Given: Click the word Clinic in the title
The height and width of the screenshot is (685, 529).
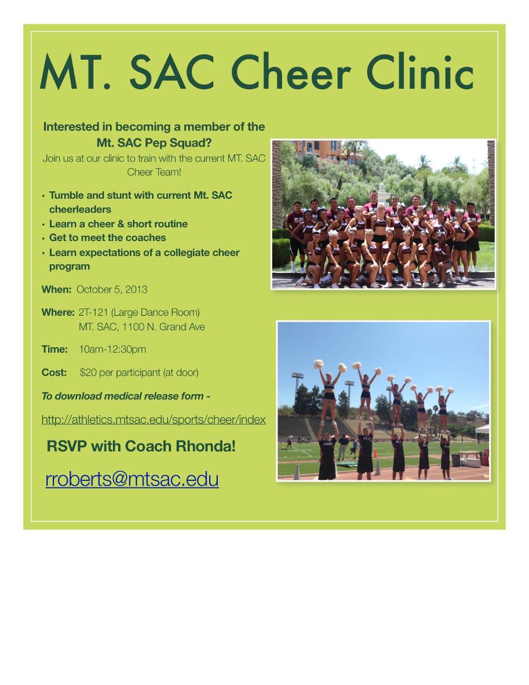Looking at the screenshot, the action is click(419, 72).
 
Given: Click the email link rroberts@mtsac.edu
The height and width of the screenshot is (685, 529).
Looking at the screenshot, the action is click(132, 479).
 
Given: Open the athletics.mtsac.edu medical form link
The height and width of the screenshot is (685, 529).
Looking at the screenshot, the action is click(154, 420).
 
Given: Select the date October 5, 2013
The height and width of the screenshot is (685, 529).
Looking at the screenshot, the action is click(112, 289).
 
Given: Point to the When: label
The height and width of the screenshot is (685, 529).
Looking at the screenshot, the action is click(56, 289).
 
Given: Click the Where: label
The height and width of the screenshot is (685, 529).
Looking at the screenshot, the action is click(58, 312).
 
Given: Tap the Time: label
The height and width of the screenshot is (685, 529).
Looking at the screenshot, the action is click(54, 349).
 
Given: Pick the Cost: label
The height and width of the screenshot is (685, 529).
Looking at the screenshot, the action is click(54, 373).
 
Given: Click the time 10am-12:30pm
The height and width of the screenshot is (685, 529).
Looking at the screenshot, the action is click(112, 349).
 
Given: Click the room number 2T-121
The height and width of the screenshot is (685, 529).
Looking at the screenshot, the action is click(93, 312).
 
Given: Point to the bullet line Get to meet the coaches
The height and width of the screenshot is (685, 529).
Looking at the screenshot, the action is click(107, 238).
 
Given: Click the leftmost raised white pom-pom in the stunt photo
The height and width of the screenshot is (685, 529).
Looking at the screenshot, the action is click(319, 364).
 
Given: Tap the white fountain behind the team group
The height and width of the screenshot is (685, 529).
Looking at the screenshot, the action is click(383, 194).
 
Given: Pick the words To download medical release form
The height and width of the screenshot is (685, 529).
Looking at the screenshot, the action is click(123, 396).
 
